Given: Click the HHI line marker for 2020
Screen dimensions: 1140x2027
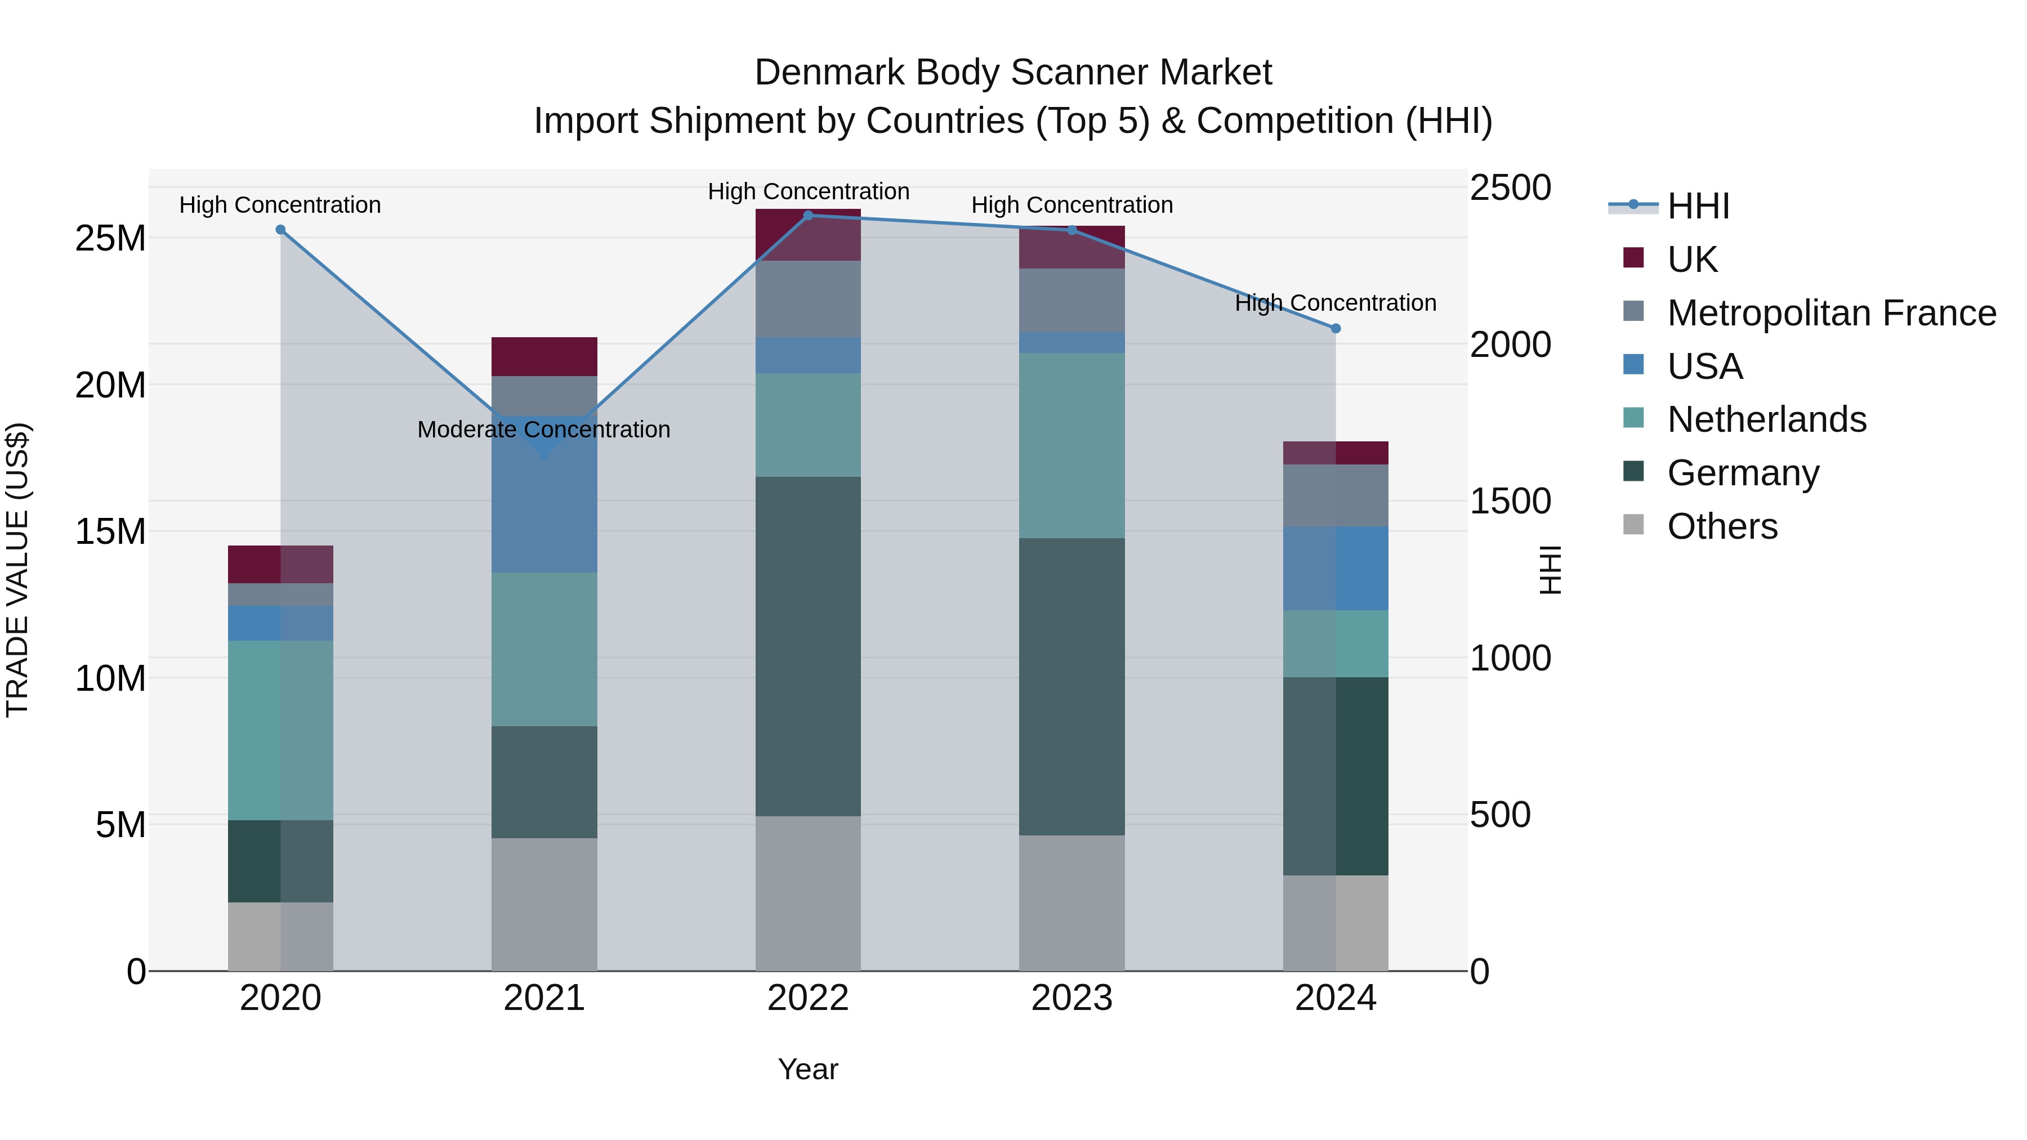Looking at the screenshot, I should pos(280,230).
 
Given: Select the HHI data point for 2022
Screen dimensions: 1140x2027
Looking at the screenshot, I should pos(807,216).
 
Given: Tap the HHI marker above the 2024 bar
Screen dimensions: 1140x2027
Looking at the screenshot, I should pos(1336,328).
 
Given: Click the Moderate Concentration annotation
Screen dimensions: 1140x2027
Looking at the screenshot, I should pos(544,430).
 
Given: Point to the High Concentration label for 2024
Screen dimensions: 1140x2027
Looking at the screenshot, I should pos(1336,303).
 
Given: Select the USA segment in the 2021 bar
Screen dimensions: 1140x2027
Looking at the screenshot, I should pos(544,503).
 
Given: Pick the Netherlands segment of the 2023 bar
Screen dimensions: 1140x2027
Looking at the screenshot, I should pos(1071,445).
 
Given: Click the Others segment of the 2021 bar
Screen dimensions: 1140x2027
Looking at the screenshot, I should pos(544,904).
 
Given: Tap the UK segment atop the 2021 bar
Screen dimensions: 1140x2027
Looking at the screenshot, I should pos(544,356).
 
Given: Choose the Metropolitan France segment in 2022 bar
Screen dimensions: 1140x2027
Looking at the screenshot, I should pos(807,299).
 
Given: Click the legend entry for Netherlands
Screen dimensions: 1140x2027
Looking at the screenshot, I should pos(1766,419).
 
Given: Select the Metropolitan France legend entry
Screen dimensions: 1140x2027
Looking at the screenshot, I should pos(1830,313).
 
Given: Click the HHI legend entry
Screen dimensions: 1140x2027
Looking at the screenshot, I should pos(1698,206).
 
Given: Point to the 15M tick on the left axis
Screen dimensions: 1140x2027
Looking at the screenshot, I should pos(110,532).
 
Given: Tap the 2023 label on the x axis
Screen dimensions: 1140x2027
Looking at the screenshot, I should pos(1071,998).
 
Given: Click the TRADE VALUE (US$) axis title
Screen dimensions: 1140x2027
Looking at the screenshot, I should pos(17,570).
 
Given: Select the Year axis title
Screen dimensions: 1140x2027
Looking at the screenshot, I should pos(807,1069).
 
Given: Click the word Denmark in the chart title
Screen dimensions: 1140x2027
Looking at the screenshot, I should pos(829,73).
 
